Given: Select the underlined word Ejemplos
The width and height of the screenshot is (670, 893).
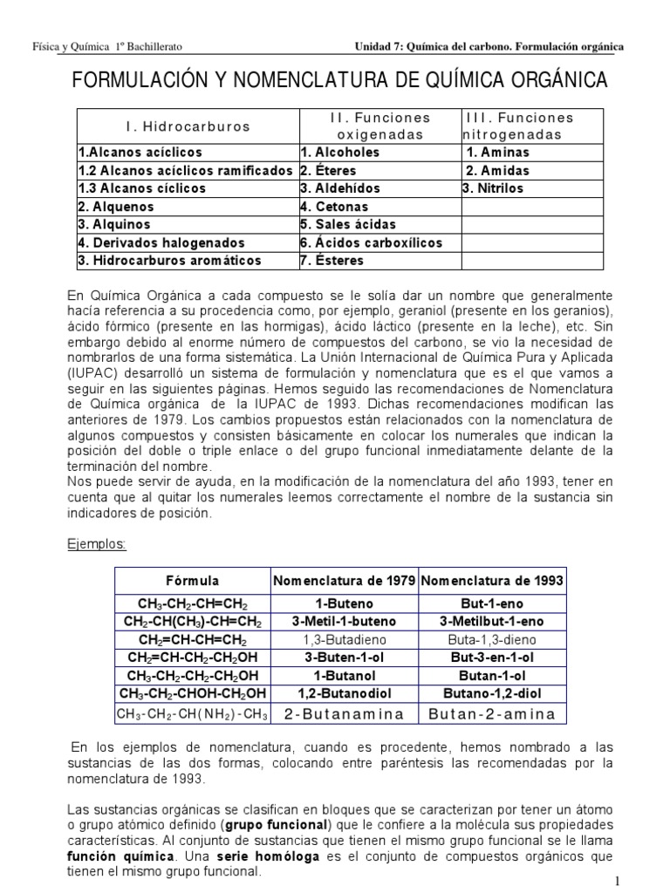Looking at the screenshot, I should pos(97,544).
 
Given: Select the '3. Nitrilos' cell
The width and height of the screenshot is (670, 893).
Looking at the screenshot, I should pos(494,188).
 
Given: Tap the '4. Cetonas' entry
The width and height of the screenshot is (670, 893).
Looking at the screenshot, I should pos(334,207).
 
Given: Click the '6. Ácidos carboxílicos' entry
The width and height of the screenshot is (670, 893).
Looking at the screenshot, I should pos(372,243).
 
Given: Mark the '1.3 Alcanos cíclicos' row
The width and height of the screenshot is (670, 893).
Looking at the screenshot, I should pos(142,188).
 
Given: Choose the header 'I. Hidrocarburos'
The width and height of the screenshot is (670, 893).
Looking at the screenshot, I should pos(188,126).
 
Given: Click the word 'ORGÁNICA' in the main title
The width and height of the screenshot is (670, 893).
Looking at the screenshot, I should pos(546,83).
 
